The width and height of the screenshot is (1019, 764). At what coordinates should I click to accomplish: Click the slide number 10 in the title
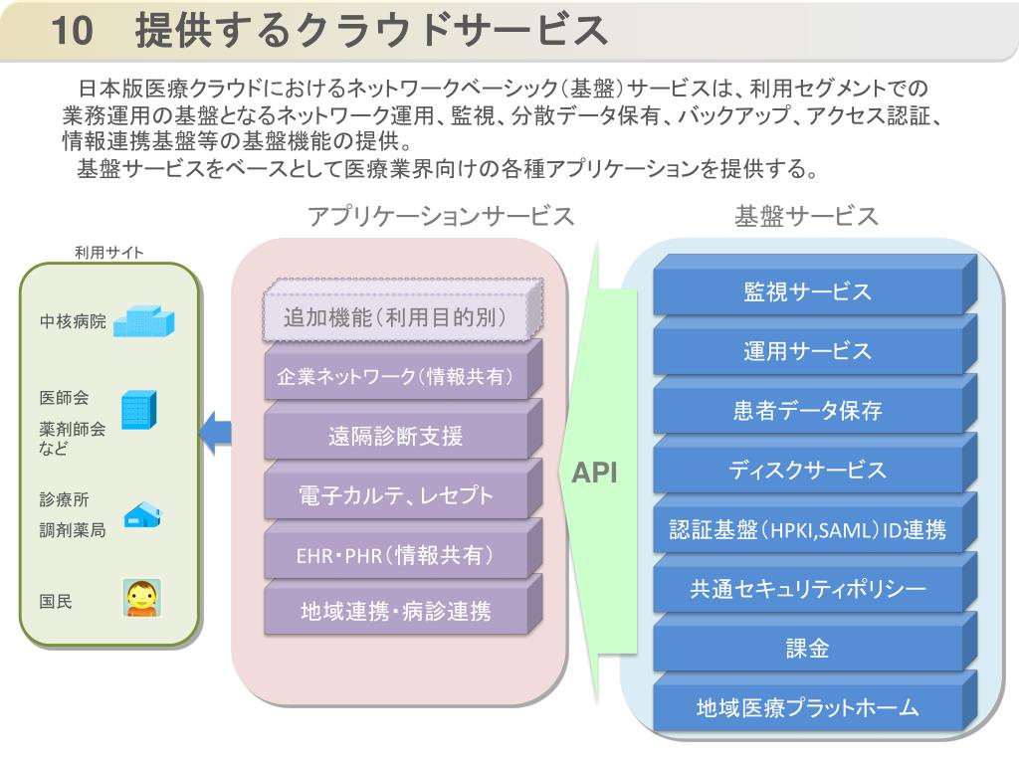click(72, 30)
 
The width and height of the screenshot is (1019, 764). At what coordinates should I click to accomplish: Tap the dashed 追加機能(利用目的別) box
click(403, 310)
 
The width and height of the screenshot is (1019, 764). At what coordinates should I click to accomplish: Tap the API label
click(594, 473)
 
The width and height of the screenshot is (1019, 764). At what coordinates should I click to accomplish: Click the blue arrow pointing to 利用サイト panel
click(215, 433)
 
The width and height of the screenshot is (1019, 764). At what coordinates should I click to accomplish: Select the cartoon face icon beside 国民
click(142, 598)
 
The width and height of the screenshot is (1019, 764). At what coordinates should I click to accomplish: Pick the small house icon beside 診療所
click(142, 514)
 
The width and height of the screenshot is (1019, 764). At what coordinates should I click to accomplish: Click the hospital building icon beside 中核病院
click(143, 321)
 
